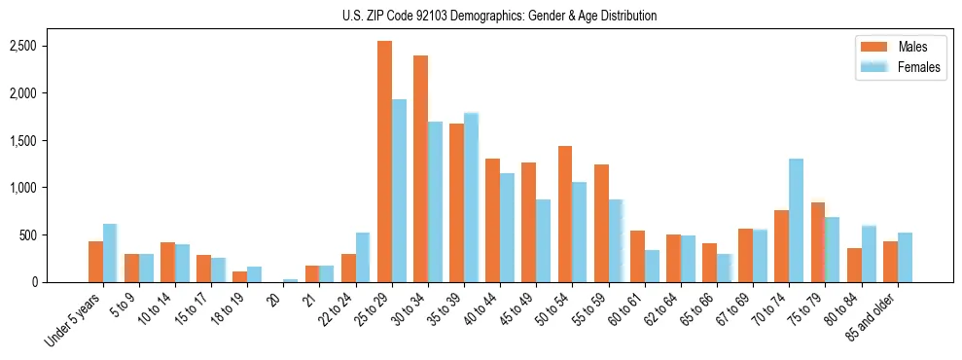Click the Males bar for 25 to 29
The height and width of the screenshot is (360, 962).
(384, 162)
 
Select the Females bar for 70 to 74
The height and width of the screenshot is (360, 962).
(796, 220)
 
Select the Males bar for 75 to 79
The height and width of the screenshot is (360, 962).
(818, 242)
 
